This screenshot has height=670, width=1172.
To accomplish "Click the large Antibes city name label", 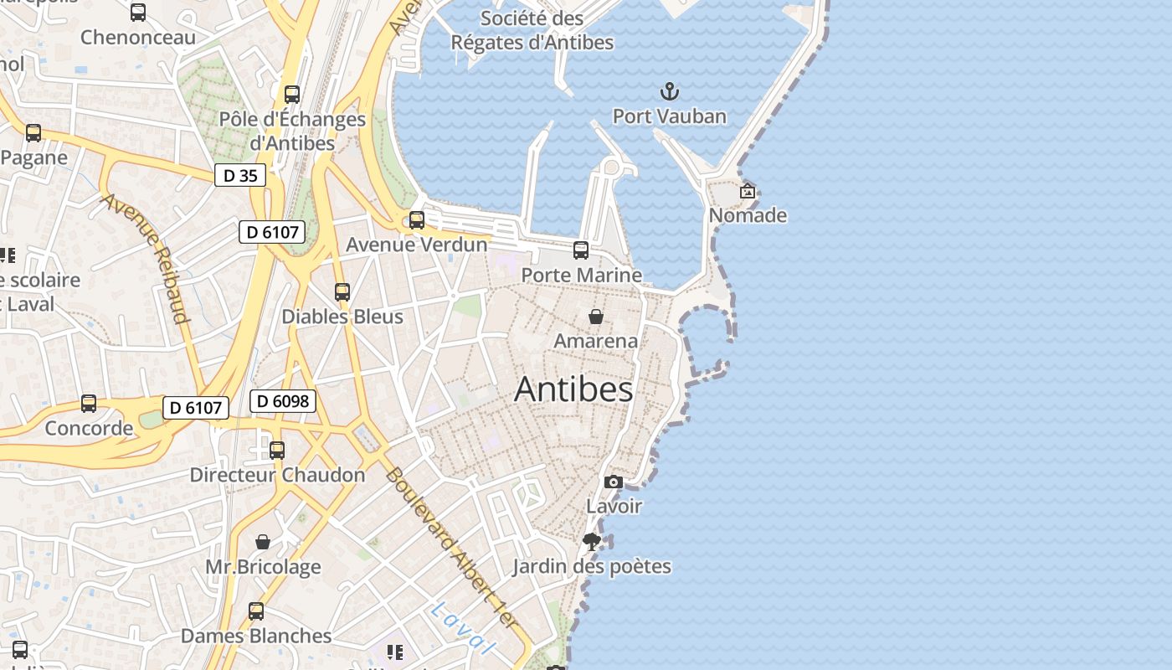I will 573,389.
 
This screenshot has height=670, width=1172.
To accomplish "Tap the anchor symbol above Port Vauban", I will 669,91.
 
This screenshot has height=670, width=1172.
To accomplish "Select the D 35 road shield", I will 240,175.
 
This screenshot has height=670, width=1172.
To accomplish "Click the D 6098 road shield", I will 283,401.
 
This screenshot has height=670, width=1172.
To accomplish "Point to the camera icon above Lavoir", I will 614,482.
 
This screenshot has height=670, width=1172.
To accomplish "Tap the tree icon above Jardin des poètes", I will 592,541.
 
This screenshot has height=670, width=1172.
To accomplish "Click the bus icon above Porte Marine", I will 581,250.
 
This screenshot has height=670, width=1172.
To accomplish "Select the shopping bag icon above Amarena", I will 596,317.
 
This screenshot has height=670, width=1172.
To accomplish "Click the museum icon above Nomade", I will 748,192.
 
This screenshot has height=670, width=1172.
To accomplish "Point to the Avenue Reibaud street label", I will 146,258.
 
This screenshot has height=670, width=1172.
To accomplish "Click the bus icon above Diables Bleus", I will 342,291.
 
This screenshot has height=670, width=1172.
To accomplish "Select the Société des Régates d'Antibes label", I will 532,29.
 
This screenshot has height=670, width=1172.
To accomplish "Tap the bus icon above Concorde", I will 89,404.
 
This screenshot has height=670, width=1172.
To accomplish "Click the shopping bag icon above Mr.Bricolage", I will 263,542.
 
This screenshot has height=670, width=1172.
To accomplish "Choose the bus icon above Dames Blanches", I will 256,611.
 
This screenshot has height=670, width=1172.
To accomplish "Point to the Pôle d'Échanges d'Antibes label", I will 292,131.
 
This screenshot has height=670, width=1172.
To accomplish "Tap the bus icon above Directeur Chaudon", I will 277,450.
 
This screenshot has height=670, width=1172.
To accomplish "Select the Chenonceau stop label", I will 138,37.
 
